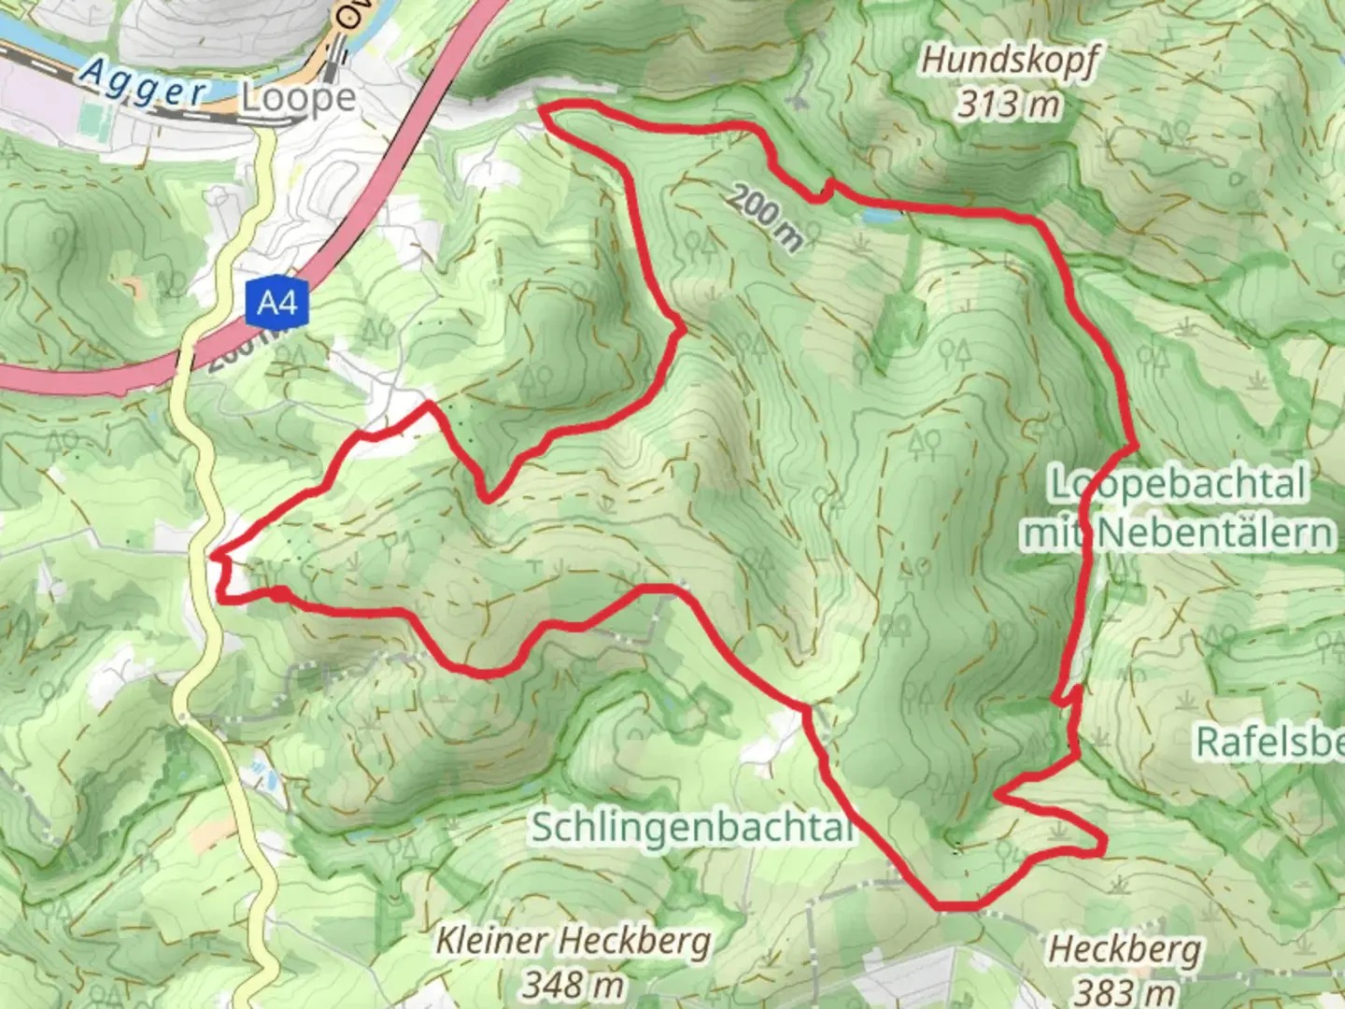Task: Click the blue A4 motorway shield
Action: point(277,303)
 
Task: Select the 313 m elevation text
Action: point(1009,103)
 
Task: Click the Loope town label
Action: point(298,98)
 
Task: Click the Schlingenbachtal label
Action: point(692,827)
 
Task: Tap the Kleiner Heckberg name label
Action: point(573,941)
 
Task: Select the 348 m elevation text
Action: point(573,983)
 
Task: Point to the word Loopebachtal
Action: point(1178,485)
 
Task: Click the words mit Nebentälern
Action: point(1178,533)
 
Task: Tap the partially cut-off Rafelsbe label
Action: point(1269,742)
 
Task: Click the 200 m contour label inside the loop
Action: point(765,218)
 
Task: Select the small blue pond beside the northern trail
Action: point(883,216)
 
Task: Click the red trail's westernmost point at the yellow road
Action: point(216,558)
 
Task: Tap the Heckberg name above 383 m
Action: point(1125,949)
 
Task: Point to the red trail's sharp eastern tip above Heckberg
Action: point(1104,846)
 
